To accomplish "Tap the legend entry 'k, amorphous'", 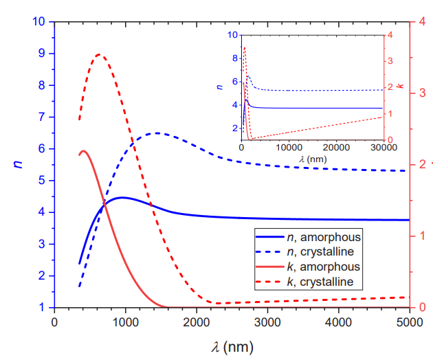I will click(324, 267).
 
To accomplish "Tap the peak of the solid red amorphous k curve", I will click(83, 150).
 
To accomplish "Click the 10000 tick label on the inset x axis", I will click(288, 147).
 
